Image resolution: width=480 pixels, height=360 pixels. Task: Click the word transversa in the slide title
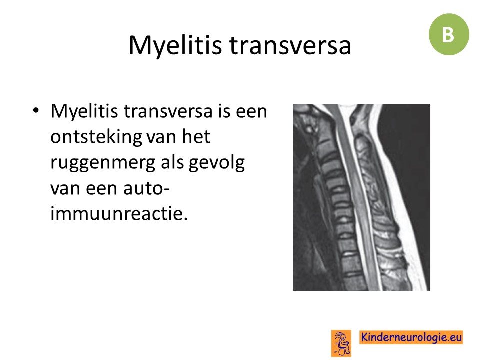290,45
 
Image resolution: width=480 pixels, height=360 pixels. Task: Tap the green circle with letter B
449,34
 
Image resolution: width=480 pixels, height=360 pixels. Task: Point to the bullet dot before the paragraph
36,110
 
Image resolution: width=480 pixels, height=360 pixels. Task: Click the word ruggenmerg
103,163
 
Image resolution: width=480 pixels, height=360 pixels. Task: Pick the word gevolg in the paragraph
216,163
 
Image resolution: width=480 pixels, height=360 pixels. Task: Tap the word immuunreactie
119,213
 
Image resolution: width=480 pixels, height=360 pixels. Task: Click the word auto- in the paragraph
146,188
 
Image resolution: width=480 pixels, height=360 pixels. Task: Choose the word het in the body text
196,136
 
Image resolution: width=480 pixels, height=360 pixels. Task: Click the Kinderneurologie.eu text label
411,337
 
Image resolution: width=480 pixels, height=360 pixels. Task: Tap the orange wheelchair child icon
341,343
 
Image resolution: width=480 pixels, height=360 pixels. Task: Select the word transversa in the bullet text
168,111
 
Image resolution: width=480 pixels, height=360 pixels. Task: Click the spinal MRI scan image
361,197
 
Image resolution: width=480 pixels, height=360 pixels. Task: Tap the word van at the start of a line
65,188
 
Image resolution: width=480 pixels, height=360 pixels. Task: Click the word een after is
251,111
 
